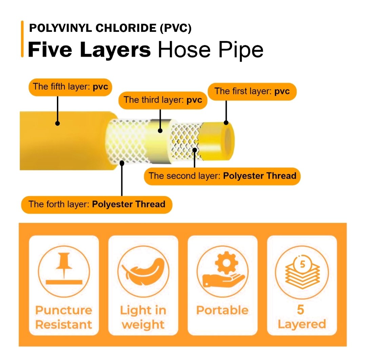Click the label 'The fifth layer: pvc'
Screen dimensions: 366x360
click(x=70, y=87)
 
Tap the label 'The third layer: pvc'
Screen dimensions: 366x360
click(x=163, y=100)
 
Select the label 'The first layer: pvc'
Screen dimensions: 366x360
click(x=252, y=91)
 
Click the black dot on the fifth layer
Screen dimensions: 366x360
click(x=57, y=123)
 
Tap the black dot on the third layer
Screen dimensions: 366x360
click(x=160, y=131)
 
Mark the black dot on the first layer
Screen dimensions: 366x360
click(x=226, y=122)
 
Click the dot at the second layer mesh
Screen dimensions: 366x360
click(x=195, y=150)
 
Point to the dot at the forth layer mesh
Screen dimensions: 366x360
click(x=122, y=163)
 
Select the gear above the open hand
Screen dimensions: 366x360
click(x=226, y=263)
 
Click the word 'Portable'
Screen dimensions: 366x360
click(x=222, y=310)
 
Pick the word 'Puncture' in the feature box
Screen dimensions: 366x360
click(x=64, y=310)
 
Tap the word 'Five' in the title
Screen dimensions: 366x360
click(x=50, y=50)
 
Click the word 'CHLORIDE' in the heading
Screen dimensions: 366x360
click(x=126, y=28)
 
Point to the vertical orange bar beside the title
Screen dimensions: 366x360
click(x=22, y=39)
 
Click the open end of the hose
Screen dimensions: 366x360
click(x=229, y=141)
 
